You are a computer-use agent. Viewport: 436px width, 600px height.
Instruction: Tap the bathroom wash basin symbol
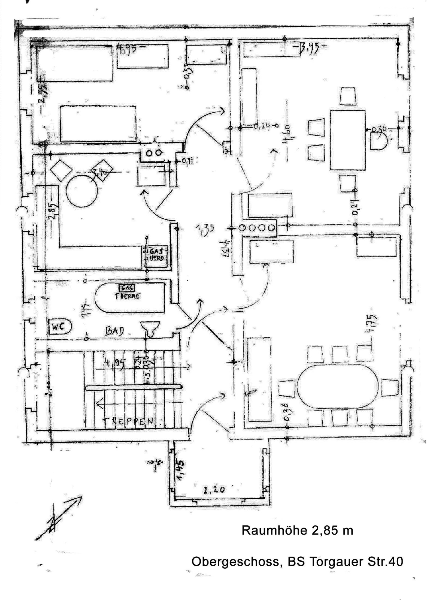pos(150,327)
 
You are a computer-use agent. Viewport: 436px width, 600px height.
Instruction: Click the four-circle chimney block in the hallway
pos(257,228)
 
